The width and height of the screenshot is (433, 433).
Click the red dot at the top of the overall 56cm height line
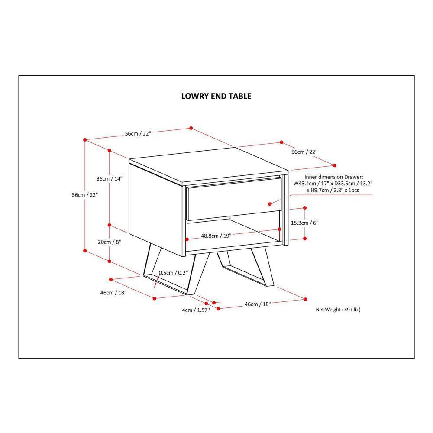coord(85,140)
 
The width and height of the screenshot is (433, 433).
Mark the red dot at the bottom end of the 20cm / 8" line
coord(110,261)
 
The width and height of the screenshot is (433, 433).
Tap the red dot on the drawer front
coord(270,204)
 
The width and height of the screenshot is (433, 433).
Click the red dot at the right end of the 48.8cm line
coord(279,229)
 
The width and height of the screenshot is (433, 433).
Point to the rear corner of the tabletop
coord(235,148)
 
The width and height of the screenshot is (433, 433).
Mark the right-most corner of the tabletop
coord(288,171)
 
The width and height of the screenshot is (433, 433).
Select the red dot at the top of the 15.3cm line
coord(305,208)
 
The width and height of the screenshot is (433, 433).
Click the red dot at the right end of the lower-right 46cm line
coord(305,299)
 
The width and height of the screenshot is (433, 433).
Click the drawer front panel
coord(235,199)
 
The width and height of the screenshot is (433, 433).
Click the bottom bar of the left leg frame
coord(166,284)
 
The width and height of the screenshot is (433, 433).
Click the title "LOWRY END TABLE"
coord(216,96)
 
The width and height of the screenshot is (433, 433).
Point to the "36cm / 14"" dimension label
coord(110,179)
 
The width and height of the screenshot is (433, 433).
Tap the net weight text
coord(338,310)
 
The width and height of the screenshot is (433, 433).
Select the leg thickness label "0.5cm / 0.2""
coord(174,273)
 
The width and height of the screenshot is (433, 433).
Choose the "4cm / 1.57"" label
coord(196,310)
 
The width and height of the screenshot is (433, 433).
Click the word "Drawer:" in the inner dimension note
coord(354,177)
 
